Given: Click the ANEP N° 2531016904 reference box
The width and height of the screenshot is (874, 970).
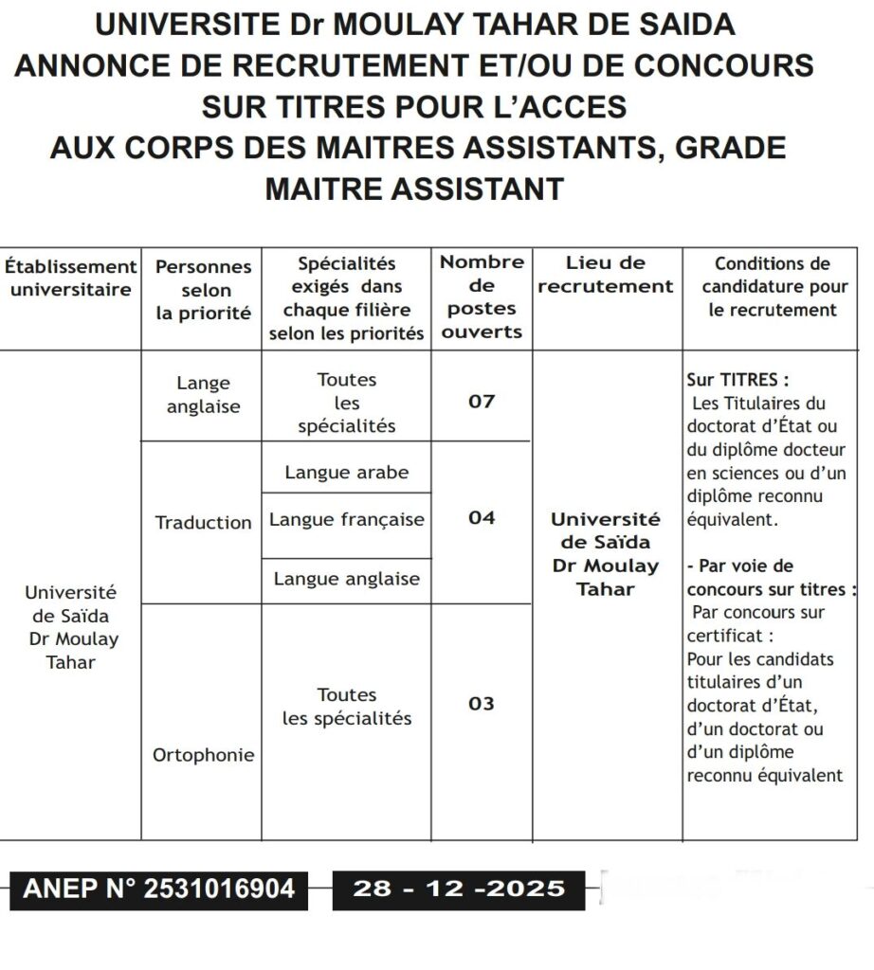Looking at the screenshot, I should pyautogui.click(x=158, y=889).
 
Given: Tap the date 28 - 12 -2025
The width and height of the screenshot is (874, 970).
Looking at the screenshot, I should pyautogui.click(x=459, y=889).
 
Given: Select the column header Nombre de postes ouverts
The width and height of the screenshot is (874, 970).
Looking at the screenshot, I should pyautogui.click(x=482, y=296).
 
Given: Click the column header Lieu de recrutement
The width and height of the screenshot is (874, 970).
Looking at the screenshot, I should pyautogui.click(x=606, y=275).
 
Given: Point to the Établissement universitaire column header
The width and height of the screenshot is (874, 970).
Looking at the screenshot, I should pyautogui.click(x=70, y=278).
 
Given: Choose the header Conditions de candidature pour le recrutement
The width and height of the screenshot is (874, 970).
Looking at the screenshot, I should pyautogui.click(x=772, y=287).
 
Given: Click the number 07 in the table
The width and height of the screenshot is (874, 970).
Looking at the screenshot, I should pyautogui.click(x=482, y=402).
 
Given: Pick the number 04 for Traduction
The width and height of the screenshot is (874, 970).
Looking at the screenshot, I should pyautogui.click(x=482, y=518).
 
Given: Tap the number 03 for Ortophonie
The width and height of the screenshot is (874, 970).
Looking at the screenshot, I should pyautogui.click(x=482, y=704).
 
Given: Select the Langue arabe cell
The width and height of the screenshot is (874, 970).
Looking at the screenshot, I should pyautogui.click(x=346, y=472).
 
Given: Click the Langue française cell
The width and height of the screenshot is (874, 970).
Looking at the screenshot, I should pyautogui.click(x=347, y=520).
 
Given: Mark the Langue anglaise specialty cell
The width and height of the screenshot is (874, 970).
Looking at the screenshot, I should pyautogui.click(x=346, y=579).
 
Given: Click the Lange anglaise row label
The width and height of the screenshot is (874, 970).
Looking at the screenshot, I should pyautogui.click(x=203, y=395).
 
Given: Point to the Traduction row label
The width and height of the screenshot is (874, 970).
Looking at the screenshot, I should pyautogui.click(x=203, y=523).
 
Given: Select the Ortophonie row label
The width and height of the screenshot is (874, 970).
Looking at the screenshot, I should pyautogui.click(x=203, y=756).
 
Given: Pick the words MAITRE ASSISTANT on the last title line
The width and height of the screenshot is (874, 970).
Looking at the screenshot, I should pyautogui.click(x=414, y=189).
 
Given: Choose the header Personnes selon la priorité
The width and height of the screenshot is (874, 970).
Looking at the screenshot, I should pyautogui.click(x=203, y=290).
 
